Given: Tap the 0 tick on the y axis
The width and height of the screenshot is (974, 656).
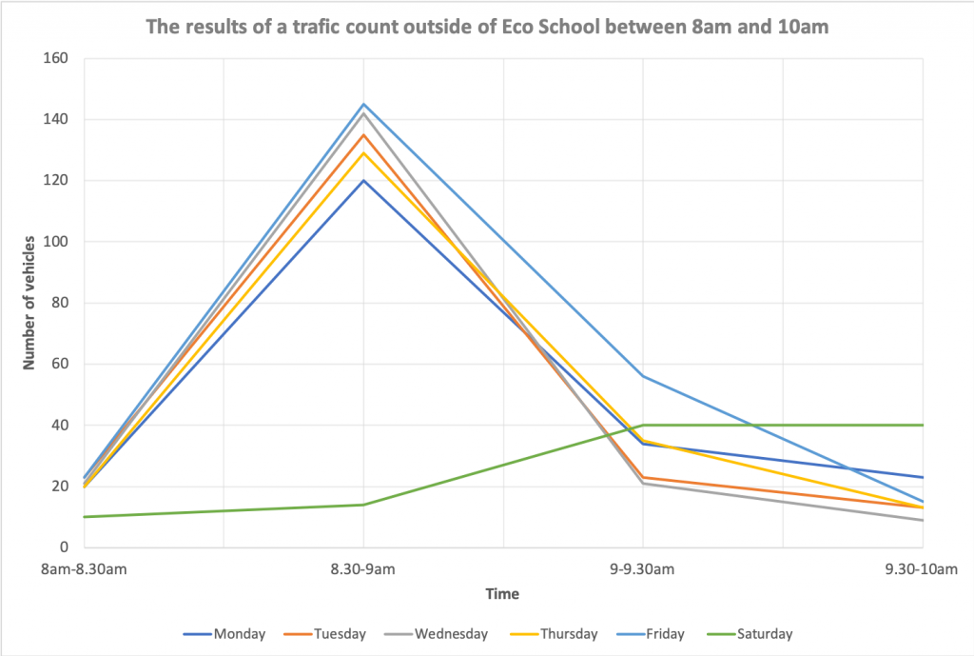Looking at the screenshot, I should [65, 547].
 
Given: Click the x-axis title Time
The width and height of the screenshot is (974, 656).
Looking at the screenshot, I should [503, 594].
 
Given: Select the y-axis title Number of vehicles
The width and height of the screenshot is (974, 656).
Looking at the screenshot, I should [29, 302].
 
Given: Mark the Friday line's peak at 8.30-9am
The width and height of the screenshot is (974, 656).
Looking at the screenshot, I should [363, 104].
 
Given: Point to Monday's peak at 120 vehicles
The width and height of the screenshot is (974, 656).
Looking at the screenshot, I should [363, 180].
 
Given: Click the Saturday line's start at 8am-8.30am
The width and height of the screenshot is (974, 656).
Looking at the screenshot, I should [85, 517].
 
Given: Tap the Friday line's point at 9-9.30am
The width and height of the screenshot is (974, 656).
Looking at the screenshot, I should [643, 376].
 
